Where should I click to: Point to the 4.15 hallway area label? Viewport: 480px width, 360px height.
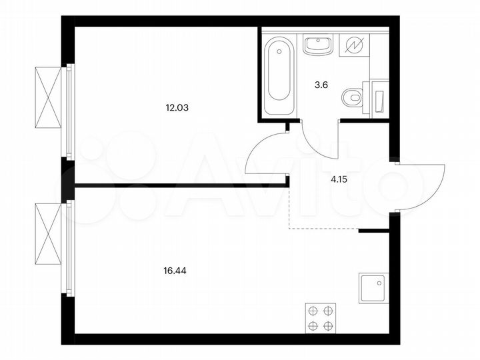(341, 179)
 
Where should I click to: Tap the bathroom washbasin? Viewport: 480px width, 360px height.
(317, 45)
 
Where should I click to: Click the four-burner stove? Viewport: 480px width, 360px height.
(321, 318)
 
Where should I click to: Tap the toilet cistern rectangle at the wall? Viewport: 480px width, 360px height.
(379, 97)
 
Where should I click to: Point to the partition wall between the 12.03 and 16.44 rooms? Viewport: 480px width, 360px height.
(180, 185)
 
